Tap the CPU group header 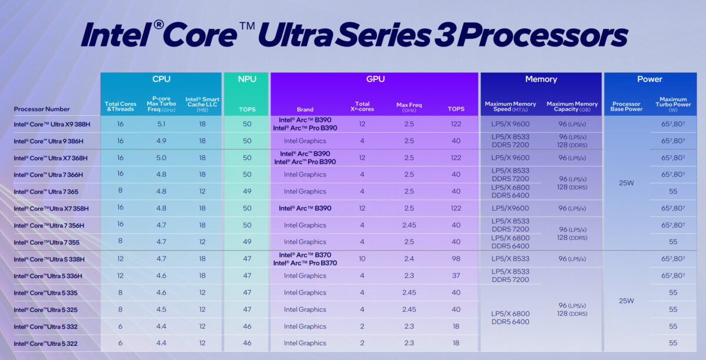[161, 79]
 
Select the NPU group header [246, 79]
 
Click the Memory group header [541, 79]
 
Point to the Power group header [650, 79]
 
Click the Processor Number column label [42, 109]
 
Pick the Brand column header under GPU [305, 109]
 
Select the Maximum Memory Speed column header [511, 106]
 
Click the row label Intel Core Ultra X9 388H [48, 124]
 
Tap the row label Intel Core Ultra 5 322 [45, 344]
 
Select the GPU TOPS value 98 [455, 259]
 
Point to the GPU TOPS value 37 [455, 276]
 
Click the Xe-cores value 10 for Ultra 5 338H [362, 259]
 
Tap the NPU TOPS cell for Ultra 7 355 [246, 242]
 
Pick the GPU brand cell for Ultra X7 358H [305, 208]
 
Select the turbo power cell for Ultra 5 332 [673, 326]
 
